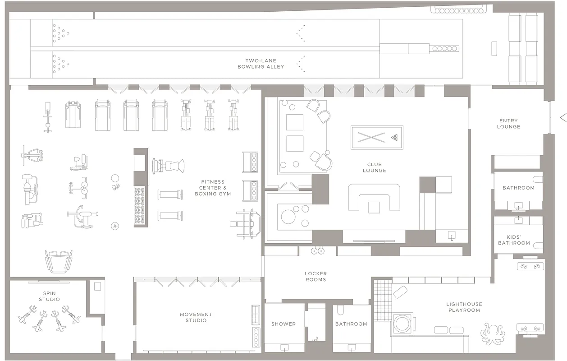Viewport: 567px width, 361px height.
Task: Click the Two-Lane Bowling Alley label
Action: pyautogui.click(x=261, y=64)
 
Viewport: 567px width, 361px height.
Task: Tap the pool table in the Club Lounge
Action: pyautogui.click(x=377, y=137)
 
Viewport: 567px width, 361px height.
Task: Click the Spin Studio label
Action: pyautogui.click(x=49, y=296)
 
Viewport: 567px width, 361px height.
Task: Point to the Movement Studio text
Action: pyautogui.click(x=196, y=317)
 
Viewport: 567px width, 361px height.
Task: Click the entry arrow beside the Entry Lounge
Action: pyautogui.click(x=562, y=118)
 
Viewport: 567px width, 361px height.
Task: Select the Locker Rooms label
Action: pyautogui.click(x=316, y=277)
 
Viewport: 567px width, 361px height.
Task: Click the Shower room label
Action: pyautogui.click(x=283, y=324)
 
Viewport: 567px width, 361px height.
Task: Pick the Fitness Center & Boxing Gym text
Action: pyautogui.click(x=213, y=188)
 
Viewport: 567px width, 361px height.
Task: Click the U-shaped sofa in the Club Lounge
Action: pyautogui.click(x=374, y=198)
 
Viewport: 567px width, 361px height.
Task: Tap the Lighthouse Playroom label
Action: pyautogui.click(x=464, y=307)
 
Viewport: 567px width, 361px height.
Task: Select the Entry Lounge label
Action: pyautogui.click(x=508, y=124)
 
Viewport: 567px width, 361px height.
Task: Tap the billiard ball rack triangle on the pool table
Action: pyautogui.click(x=396, y=137)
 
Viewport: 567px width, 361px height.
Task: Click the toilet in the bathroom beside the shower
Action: pyautogui.click(x=341, y=310)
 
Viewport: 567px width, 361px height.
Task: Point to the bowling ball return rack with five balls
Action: pyautogui.click(x=445, y=48)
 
